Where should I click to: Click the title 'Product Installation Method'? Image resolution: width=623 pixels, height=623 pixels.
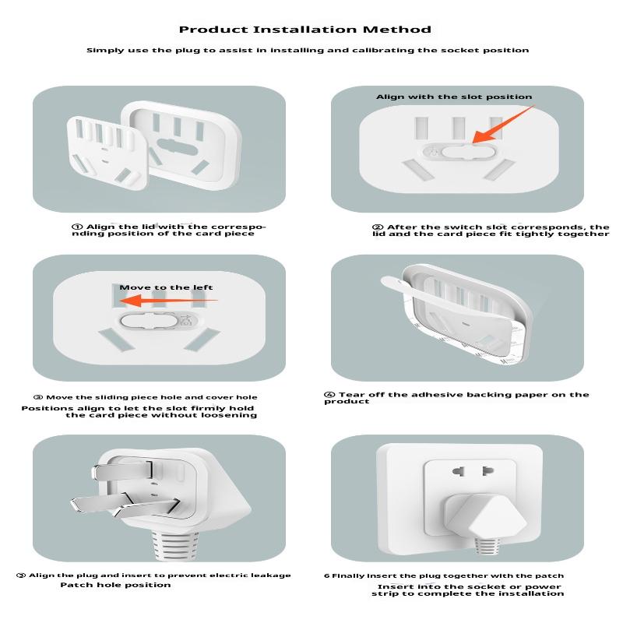[x=304, y=30]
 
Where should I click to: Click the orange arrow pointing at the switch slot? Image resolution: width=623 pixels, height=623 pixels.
[x=503, y=125]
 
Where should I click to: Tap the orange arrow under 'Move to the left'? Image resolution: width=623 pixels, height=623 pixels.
[x=168, y=301]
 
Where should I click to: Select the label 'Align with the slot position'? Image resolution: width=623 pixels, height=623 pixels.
[x=454, y=97]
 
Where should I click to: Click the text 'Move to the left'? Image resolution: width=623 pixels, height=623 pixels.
[x=166, y=287]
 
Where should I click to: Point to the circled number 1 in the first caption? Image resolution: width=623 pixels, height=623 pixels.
[x=77, y=227]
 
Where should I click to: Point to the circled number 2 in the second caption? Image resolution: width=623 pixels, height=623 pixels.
[x=378, y=227]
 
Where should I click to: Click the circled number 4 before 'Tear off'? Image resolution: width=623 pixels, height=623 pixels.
[x=329, y=395]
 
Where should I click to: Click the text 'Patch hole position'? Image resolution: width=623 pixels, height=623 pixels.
[x=115, y=585]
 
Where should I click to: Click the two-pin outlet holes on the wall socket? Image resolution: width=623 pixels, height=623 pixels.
[x=473, y=471]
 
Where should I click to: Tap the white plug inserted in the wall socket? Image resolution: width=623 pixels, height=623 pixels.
[x=484, y=516]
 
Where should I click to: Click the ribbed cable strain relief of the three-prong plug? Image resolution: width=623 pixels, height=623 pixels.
[x=174, y=544]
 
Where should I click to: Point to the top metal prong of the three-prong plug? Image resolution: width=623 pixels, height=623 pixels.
[x=121, y=471]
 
